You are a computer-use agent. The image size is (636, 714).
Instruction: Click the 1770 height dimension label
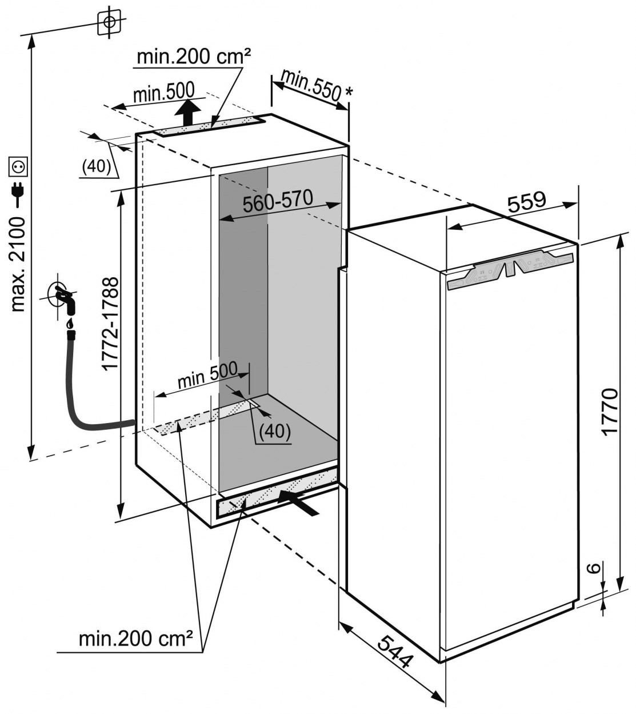pos(610,412)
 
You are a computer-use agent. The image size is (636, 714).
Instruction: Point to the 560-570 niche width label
pos(278,201)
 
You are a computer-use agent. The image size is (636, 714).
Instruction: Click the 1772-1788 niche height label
pos(110,322)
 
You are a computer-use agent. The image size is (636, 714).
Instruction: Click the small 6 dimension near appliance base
pos(594,569)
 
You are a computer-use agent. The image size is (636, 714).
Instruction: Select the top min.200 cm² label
pos(194,57)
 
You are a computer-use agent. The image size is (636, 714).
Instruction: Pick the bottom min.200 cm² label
pos(135,638)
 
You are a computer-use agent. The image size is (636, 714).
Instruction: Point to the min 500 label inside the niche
pos(207,376)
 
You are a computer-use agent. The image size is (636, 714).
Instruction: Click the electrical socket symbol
pos(18,167)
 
